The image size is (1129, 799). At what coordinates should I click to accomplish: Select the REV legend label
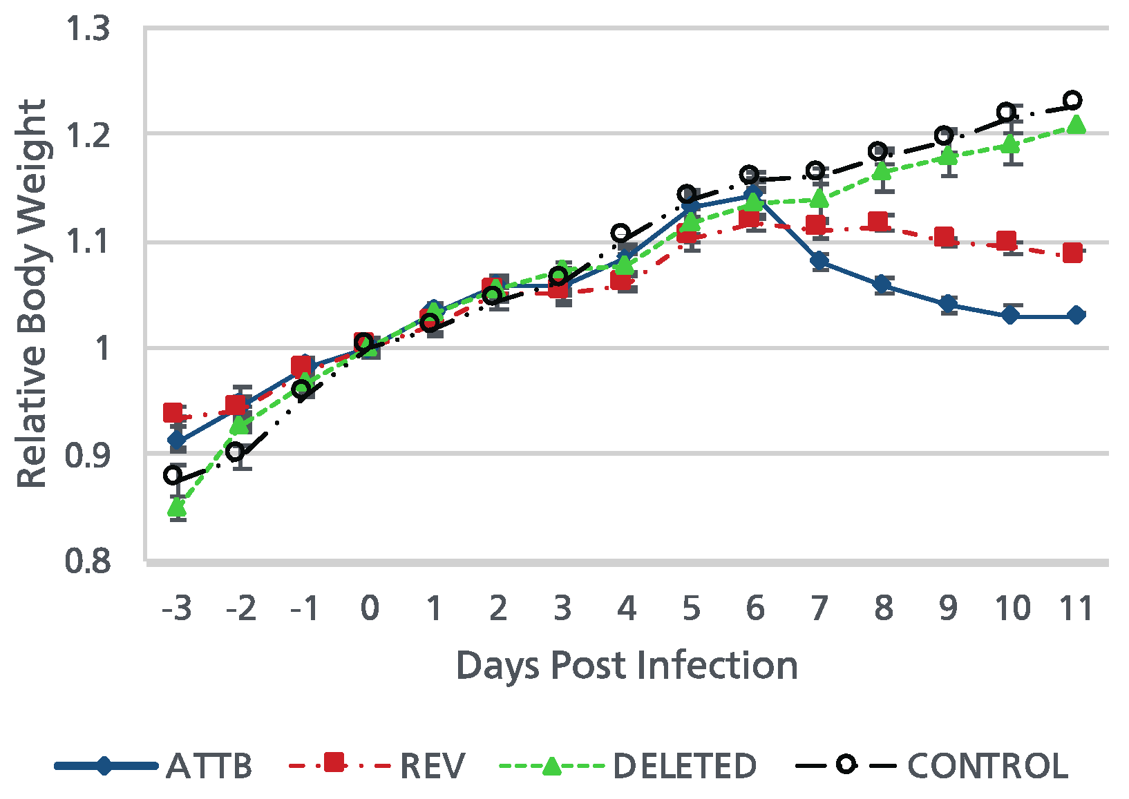click(x=433, y=766)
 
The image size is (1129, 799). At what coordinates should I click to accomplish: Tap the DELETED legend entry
click(x=684, y=766)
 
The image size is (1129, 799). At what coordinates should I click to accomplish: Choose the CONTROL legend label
click(x=987, y=766)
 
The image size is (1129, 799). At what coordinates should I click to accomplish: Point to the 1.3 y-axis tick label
click(x=88, y=30)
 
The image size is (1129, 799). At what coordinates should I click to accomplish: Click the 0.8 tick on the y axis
click(x=88, y=561)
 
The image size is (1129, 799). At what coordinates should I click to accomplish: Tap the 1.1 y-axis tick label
click(x=88, y=242)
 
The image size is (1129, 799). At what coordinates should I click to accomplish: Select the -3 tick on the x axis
click(x=176, y=608)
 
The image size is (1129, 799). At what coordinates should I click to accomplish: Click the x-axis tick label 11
click(x=1075, y=608)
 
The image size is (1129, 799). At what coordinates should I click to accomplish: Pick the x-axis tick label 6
click(x=755, y=608)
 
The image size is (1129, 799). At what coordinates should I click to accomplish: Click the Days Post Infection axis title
click(x=627, y=666)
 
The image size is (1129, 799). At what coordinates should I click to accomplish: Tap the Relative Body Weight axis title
click(x=32, y=293)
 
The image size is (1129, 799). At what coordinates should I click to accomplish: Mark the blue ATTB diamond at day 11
click(x=1076, y=316)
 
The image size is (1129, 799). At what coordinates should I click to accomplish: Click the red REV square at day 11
click(x=1072, y=253)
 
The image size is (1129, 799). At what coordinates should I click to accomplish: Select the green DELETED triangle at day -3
click(x=177, y=508)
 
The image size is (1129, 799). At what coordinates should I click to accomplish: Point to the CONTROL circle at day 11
click(x=1072, y=100)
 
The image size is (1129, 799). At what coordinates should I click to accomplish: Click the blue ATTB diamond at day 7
click(x=819, y=260)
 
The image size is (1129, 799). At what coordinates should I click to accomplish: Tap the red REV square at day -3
click(x=173, y=413)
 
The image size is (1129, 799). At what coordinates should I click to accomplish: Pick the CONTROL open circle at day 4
click(x=620, y=233)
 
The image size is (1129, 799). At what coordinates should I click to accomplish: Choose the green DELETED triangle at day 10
click(x=1011, y=144)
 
